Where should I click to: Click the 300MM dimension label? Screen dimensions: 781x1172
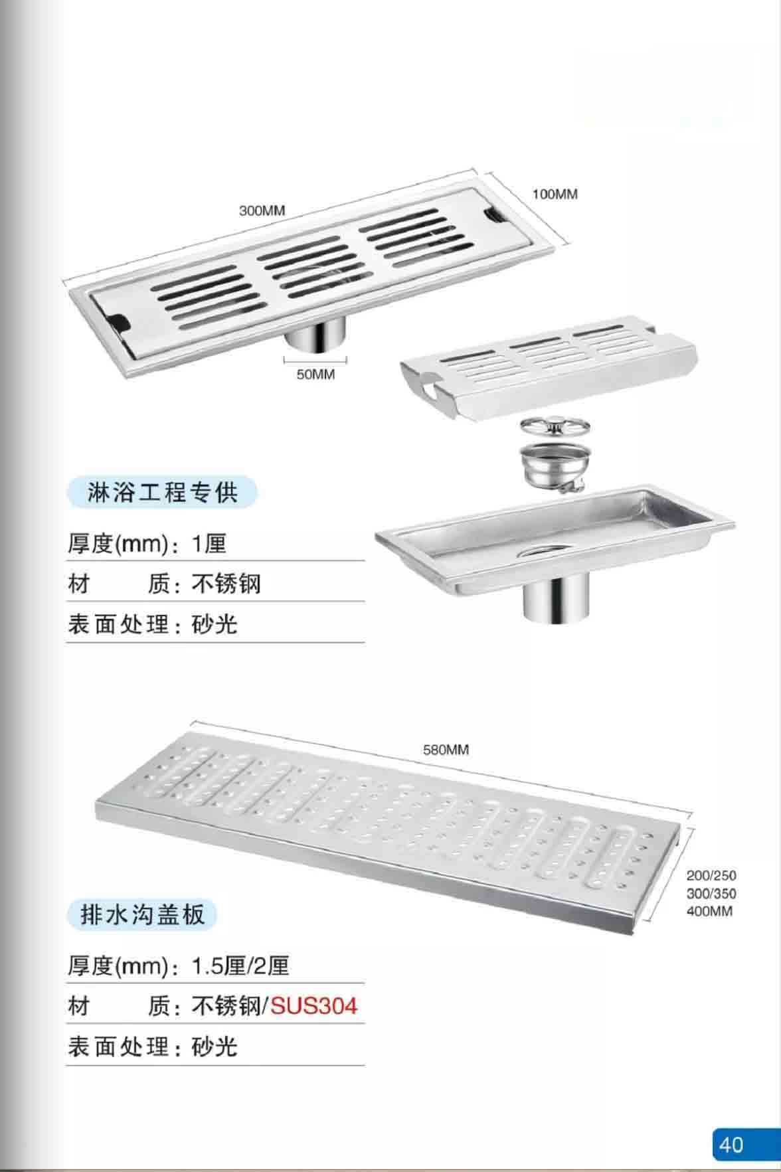(262, 210)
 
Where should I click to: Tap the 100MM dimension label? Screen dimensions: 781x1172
(555, 194)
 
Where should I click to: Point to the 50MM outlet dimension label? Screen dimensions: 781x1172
(315, 375)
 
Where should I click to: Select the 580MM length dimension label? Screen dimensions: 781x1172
(446, 750)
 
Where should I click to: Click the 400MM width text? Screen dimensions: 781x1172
(709, 911)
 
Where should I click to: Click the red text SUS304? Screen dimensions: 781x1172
(313, 1006)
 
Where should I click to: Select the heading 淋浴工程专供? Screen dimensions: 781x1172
(162, 493)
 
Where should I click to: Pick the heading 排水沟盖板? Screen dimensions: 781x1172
(142, 915)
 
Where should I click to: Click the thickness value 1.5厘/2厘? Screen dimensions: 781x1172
(240, 965)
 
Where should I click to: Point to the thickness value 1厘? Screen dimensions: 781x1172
(209, 544)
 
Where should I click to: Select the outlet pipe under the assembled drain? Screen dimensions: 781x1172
(316, 335)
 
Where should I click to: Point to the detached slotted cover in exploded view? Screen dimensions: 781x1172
(549, 369)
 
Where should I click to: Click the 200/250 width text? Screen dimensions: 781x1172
(711, 876)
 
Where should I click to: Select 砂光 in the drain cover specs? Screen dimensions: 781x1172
(215, 1047)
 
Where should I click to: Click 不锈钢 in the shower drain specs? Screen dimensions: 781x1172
(226, 584)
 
